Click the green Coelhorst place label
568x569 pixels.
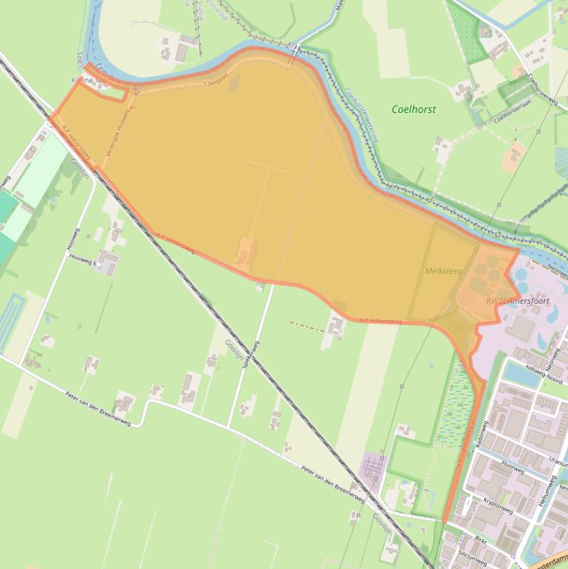coord(414,109)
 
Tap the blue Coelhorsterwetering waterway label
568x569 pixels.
coord(363,115)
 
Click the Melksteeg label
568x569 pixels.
coord(443,271)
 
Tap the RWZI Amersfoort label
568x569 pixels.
coord(518,301)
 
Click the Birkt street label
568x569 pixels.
coord(482,540)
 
